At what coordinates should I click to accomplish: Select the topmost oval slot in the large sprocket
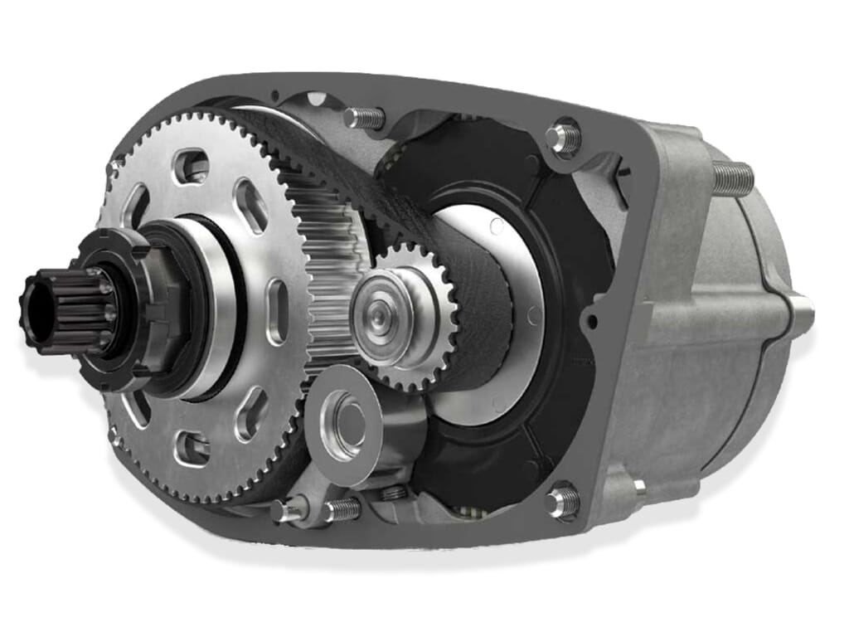[193, 164]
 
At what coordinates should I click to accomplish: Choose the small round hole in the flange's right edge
[589, 318]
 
